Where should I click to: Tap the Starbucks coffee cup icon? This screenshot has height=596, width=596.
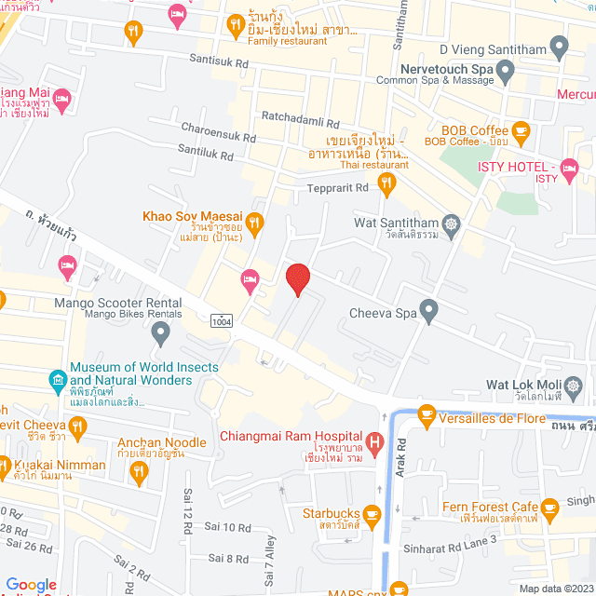pyautogui.click(x=372, y=514)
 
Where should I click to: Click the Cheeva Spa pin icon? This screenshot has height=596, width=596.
pyautogui.click(x=428, y=312)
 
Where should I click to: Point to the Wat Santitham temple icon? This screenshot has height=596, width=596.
pyautogui.click(x=452, y=223)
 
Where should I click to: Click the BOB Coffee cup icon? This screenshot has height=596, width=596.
pyautogui.click(x=521, y=131)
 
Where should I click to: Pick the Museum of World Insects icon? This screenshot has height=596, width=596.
pyautogui.click(x=58, y=380)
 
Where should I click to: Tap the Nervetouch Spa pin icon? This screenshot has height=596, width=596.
pyautogui.click(x=506, y=70)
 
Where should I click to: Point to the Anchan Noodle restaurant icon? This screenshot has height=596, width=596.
pyautogui.click(x=139, y=471)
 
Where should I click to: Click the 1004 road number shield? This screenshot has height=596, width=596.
pyautogui.click(x=223, y=320)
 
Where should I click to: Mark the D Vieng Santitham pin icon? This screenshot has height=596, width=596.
pyautogui.click(x=559, y=44)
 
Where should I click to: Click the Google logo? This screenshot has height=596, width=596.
pyautogui.click(x=31, y=584)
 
